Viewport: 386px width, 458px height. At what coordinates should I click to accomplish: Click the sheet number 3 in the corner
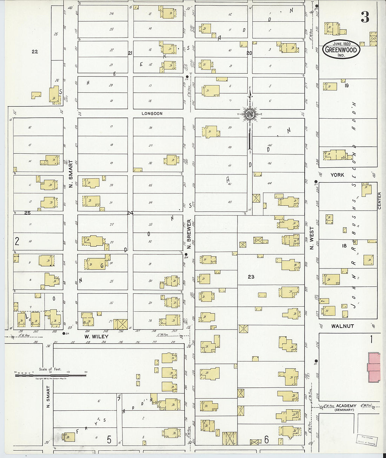[x=365, y=17]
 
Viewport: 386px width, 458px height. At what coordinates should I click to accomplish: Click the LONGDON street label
[x=152, y=113]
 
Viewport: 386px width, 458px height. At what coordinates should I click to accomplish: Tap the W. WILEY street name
[x=96, y=336]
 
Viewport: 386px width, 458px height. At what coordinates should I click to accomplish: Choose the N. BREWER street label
[x=189, y=234]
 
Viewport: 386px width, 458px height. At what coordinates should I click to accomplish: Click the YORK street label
[x=337, y=175]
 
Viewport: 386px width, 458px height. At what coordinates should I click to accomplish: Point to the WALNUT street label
[x=342, y=326]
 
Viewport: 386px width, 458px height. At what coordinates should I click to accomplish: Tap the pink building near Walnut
[x=374, y=367]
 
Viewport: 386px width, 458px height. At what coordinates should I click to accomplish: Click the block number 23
[x=251, y=277]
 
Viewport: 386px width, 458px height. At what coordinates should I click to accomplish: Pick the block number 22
[x=34, y=52]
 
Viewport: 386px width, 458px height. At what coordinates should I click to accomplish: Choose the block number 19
[x=347, y=85]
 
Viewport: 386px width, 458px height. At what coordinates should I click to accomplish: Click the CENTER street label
[x=379, y=201]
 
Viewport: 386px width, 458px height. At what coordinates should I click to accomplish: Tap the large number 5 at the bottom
[x=109, y=439]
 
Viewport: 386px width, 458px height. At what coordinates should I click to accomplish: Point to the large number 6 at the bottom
[x=266, y=439]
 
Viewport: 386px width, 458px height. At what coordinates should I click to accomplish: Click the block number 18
[x=344, y=246]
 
